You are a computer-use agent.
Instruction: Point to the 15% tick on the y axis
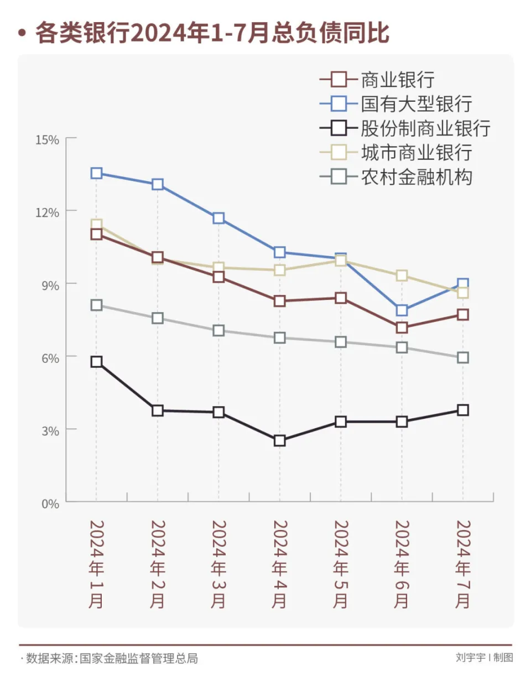(47, 139)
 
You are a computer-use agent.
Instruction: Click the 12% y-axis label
(47, 212)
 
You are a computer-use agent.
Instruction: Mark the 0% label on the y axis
(49, 503)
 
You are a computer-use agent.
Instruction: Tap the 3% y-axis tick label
(49, 430)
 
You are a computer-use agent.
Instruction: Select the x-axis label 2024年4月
(279, 564)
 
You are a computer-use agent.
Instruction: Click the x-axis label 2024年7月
(463, 564)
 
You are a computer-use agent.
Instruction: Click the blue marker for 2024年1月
(97, 173)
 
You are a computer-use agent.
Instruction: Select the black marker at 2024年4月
(279, 440)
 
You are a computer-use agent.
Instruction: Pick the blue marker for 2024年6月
(402, 310)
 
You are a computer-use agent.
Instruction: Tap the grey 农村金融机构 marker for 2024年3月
(218, 330)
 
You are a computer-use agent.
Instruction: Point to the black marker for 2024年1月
(97, 362)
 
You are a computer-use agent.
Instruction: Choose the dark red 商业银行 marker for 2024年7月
(463, 315)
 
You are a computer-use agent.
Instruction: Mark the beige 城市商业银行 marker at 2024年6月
(402, 276)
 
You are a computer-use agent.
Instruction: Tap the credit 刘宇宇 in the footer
(470, 658)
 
